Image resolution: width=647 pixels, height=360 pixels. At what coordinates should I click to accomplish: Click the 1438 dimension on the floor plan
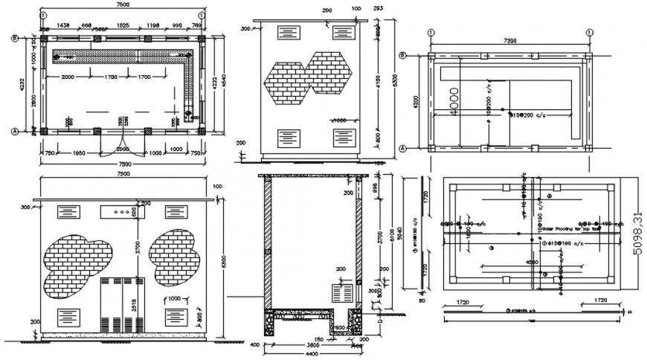coord(63,25)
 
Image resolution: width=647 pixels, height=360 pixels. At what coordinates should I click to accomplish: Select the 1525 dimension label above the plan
coord(123,25)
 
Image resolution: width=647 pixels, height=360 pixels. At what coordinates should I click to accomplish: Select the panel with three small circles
coord(118,212)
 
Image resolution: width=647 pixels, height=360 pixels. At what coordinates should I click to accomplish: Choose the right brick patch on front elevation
coord(176,254)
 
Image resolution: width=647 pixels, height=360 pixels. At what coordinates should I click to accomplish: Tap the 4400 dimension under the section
coord(312,354)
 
